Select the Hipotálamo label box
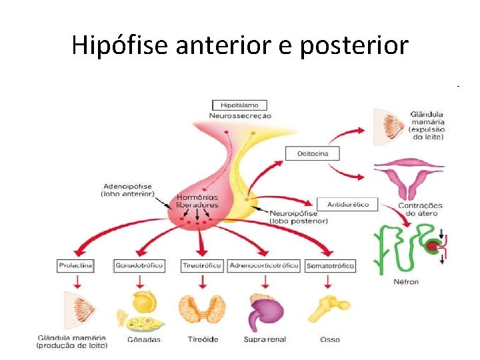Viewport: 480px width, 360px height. point(240,105)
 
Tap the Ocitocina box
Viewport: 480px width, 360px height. point(312,153)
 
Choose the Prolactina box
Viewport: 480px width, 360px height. point(75,265)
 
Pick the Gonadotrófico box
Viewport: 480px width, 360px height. point(139,265)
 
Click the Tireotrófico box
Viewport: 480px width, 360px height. point(202,265)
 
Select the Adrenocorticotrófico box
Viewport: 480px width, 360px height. point(263,265)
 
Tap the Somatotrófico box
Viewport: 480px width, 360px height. point(330,265)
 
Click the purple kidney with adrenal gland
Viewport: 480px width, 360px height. point(266,311)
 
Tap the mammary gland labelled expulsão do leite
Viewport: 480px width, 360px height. point(389,127)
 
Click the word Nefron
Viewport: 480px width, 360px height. point(406,281)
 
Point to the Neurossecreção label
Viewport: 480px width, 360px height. point(240,115)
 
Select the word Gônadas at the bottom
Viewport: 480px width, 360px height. point(142,339)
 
